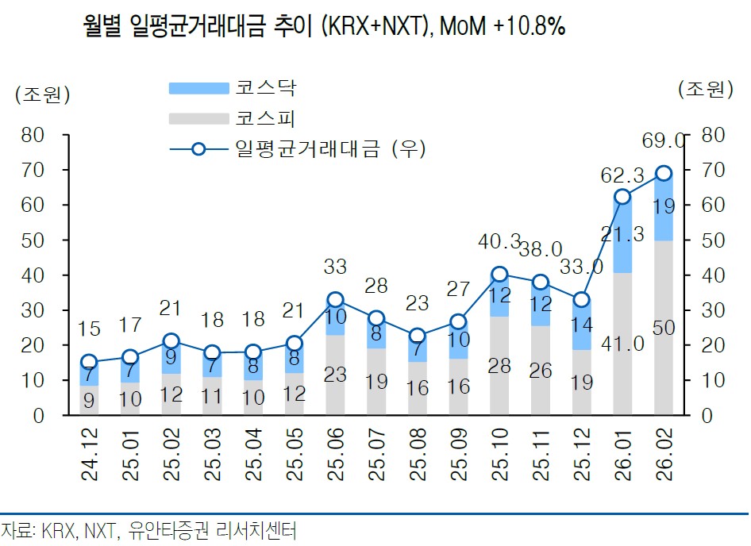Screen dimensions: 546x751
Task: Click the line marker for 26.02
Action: click(x=664, y=174)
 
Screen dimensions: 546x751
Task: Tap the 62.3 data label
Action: click(x=621, y=168)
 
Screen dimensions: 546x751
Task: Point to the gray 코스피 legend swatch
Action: click(x=197, y=119)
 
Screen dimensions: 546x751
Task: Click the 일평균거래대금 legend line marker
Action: click(x=198, y=148)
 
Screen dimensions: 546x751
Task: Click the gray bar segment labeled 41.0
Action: click(x=622, y=344)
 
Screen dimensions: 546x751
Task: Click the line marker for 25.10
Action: click(x=499, y=275)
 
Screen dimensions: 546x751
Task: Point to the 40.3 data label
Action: click(x=499, y=241)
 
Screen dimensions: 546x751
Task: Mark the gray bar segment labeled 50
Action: click(x=664, y=327)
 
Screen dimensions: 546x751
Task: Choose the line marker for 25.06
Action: click(x=336, y=300)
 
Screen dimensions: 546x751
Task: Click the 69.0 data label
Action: click(x=664, y=141)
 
